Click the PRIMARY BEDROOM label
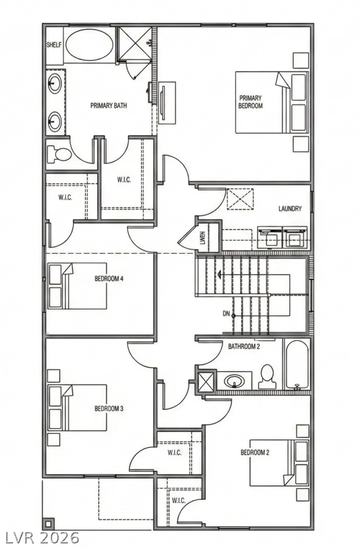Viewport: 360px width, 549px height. point(250,102)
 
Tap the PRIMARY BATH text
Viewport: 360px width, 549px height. point(108,106)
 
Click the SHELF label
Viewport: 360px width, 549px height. point(54,45)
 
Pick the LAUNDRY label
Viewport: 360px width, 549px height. point(290,208)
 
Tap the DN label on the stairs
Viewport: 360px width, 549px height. point(226,315)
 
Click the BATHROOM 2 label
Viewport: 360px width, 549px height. point(244,346)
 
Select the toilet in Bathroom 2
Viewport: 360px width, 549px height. point(267,376)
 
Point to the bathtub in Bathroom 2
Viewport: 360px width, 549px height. point(297,365)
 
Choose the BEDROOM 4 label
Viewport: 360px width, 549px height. point(109,279)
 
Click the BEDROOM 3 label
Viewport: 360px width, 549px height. point(109,408)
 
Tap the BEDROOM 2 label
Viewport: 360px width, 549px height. point(255,452)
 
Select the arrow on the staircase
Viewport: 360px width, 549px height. point(219,274)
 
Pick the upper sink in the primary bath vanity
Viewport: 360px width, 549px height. point(55,81)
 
